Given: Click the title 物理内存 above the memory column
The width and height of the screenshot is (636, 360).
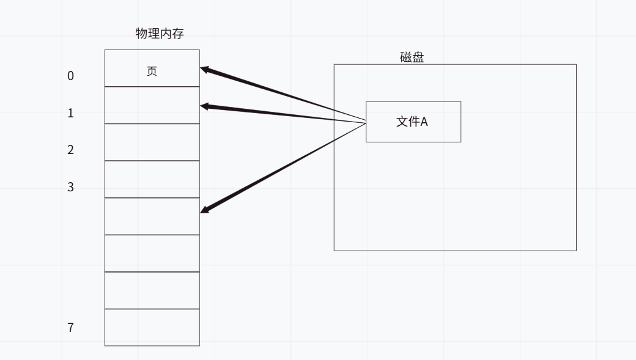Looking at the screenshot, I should (160, 34).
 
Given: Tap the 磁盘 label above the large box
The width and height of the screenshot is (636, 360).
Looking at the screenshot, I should (412, 57).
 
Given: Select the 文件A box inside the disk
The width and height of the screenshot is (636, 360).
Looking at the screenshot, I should (413, 122).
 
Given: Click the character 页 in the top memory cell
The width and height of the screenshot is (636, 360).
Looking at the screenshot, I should (152, 71).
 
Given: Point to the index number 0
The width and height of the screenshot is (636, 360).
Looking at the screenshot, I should (70, 76).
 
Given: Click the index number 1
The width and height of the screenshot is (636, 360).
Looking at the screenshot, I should (70, 113).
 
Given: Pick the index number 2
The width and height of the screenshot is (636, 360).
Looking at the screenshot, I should (70, 150).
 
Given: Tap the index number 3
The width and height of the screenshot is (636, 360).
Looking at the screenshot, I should (70, 187).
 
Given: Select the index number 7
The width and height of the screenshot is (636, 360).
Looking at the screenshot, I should (70, 328).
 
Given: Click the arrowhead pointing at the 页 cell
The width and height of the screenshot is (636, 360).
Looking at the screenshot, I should (205, 70).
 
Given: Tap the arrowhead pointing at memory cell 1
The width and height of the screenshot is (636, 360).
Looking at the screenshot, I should (205, 106).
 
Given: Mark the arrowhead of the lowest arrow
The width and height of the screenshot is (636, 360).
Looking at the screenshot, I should (205, 210).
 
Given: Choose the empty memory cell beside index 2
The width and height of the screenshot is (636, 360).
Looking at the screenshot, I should (152, 142).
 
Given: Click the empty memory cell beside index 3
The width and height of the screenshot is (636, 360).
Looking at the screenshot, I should (152, 179).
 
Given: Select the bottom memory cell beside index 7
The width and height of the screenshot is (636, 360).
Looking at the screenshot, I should (152, 327).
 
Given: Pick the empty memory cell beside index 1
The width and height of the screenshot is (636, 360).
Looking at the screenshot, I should (152, 105).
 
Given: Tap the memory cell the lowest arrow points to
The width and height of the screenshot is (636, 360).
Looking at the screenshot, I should (152, 216).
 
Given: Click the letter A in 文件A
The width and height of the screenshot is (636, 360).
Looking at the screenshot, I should (424, 122).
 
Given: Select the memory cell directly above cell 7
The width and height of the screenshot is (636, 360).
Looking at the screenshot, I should (152, 290).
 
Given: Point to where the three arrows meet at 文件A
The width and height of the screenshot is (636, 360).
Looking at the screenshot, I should (365, 122).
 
